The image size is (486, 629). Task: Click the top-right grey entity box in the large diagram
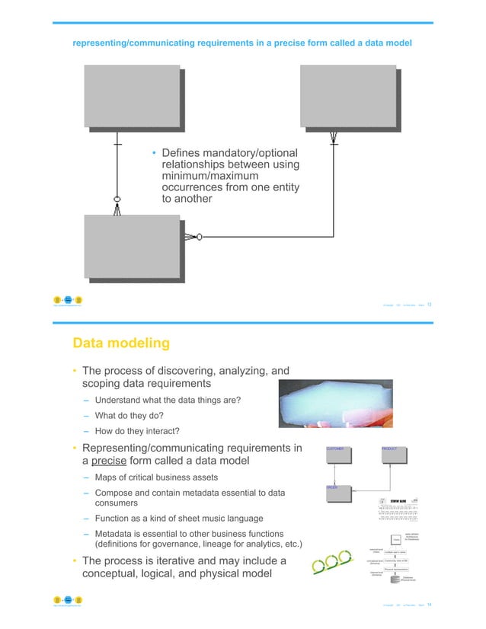coord(348,97)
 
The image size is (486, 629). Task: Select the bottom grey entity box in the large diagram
coord(131,247)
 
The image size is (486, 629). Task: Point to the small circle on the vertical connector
coord(117,200)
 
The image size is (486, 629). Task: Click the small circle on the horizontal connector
coord(199,238)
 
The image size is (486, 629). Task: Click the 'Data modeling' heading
coord(120,343)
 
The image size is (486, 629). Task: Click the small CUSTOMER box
coord(337,454)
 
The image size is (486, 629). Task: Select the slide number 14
coord(430,605)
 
